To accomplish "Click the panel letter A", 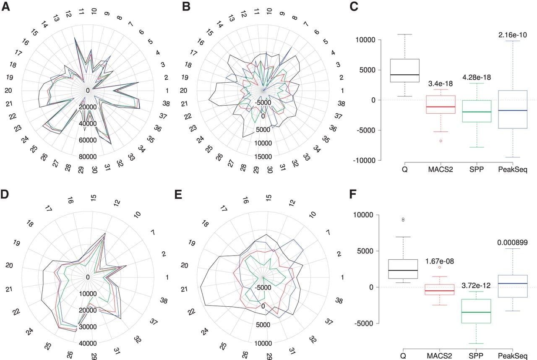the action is coord(5,6).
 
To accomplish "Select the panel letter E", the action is coord(178,194).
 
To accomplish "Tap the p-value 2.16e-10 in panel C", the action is coord(513,35).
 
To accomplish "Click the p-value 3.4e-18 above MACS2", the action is coord(441,83).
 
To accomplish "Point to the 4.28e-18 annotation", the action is coord(477,78).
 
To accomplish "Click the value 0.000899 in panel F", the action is coord(513,243).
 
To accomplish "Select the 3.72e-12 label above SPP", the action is coord(476,285).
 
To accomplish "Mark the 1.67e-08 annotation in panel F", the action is coord(440,261).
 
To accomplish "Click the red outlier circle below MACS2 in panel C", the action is coord(441,141).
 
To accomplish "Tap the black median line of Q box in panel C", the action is coord(405,75).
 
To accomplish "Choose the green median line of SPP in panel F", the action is coord(476,312).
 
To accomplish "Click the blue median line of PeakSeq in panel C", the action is coord(513,110).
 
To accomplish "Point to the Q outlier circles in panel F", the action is coord(403,219).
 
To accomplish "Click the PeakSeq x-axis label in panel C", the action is coord(513,170).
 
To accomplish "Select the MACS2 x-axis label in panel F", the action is coord(439,356).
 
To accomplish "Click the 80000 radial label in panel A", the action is coord(88,157).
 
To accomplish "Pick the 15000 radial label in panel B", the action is coord(263,157).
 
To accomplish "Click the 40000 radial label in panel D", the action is coord(88,344).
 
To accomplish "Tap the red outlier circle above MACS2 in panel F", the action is coord(440,267).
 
